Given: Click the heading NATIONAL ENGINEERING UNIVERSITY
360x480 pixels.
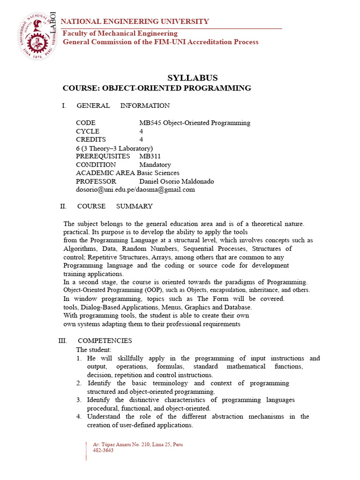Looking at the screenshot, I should point(135,22).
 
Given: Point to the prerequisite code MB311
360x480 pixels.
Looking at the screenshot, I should point(150,156).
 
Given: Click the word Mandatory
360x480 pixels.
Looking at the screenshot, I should point(155,165).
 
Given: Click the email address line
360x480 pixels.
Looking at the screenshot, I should point(135,190).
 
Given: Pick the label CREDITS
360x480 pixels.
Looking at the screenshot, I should point(91,140).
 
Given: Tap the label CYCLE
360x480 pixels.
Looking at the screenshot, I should point(88,131).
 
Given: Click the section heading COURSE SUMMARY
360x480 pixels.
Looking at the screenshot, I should point(115,206).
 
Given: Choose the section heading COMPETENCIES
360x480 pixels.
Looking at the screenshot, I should point(105,341).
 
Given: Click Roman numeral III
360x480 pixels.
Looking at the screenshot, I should point(63,341).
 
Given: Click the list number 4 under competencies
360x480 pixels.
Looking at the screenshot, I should point(80,416).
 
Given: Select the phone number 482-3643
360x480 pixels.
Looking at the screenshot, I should point(103,450).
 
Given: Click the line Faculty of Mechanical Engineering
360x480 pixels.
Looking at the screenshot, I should point(120,33).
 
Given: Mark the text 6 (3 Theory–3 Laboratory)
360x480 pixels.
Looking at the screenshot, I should point(114,148).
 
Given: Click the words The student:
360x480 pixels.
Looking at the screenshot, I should point(94,350).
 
